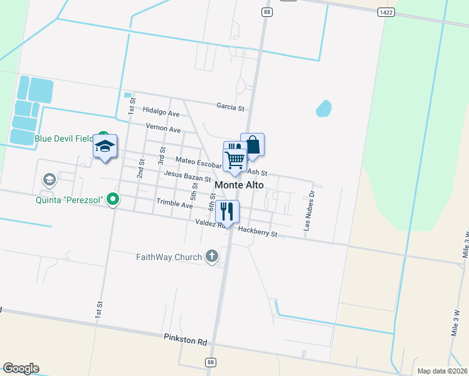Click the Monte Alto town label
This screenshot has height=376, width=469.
[x=239, y=185]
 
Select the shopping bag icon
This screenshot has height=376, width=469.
[x=253, y=145]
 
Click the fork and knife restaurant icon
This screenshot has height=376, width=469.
[x=226, y=211]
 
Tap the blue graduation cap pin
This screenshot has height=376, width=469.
[x=105, y=147]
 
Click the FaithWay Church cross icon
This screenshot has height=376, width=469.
[x=212, y=256]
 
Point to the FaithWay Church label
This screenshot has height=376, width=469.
[x=169, y=257]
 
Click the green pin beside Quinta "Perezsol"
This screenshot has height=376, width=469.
[x=113, y=201]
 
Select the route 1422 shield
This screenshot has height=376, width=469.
[x=386, y=12]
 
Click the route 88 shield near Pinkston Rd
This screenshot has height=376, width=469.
[x=209, y=362]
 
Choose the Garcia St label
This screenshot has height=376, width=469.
[x=230, y=107]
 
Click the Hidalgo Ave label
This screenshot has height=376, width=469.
[x=161, y=113]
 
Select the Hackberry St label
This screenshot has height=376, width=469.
[x=258, y=232]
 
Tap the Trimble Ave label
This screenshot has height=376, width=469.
[x=175, y=204]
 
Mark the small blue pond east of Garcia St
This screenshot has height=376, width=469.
[x=324, y=109]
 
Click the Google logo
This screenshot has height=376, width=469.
[x=21, y=368]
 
